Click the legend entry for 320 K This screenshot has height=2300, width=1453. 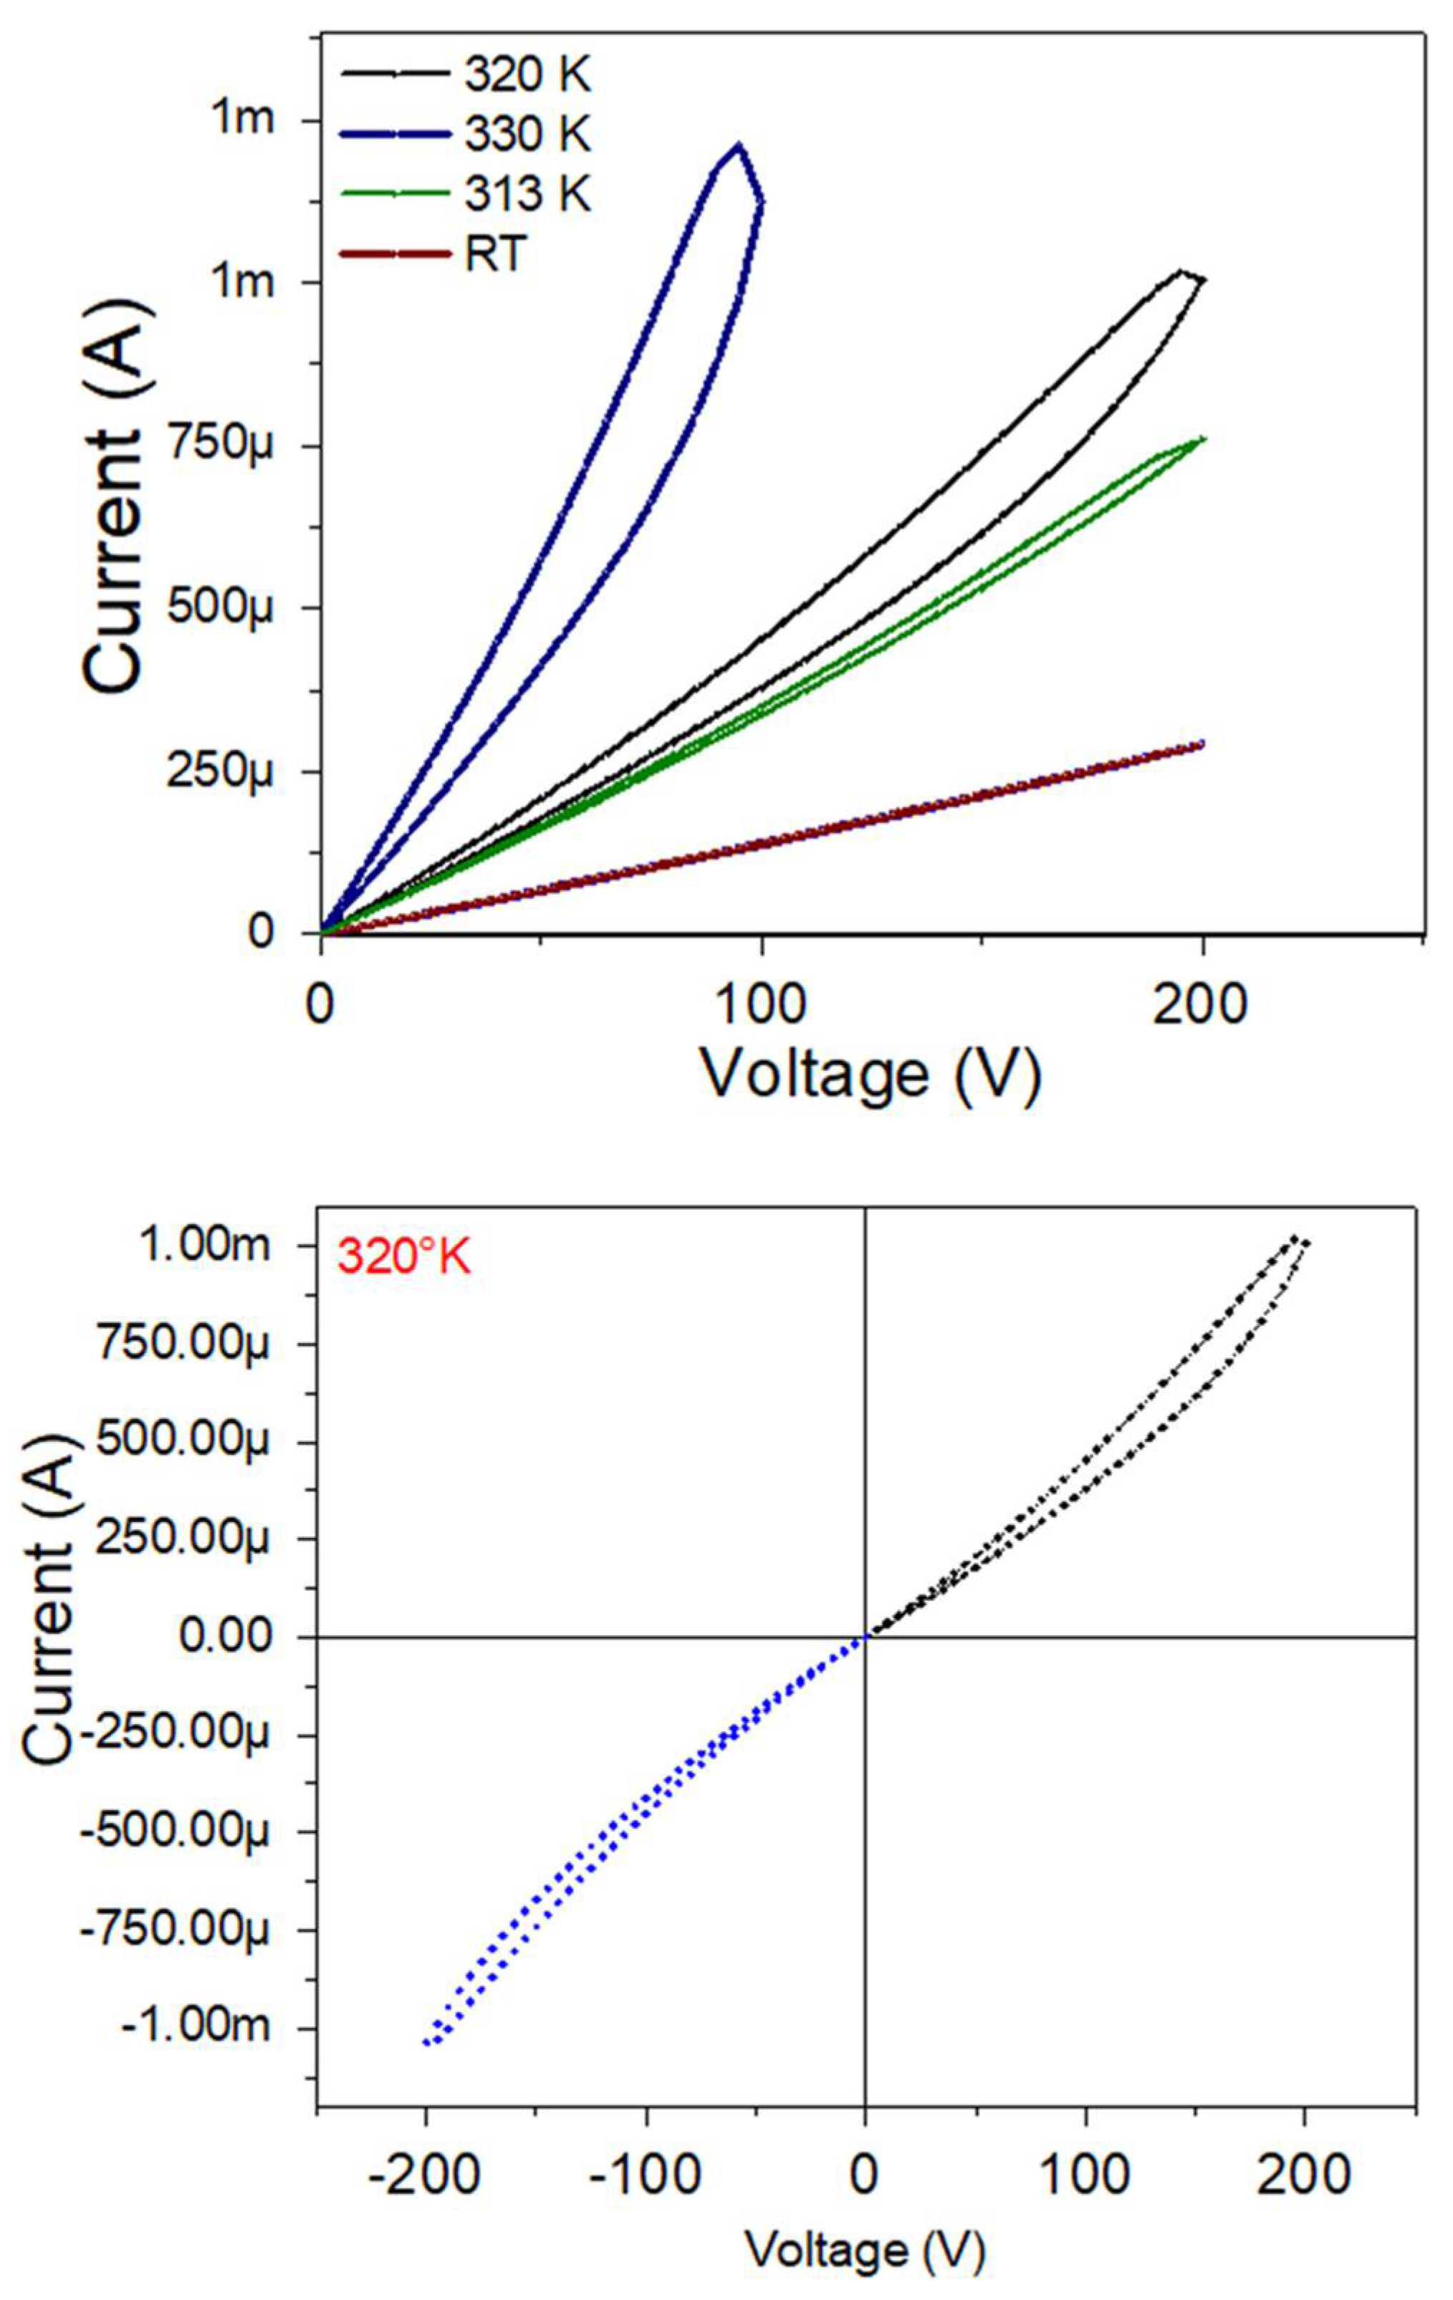(527, 74)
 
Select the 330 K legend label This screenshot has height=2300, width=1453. (527, 135)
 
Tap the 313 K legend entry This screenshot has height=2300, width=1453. (527, 194)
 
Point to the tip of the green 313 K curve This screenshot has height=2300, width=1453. (1203, 438)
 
